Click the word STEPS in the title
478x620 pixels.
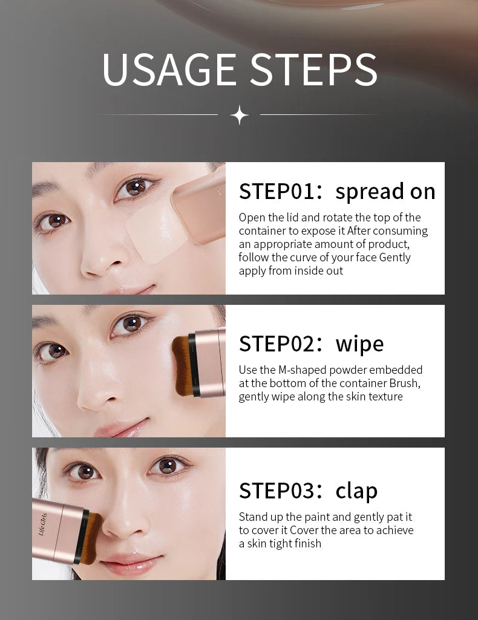click(314, 70)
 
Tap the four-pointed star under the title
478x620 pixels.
click(239, 115)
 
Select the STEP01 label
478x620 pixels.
click(277, 191)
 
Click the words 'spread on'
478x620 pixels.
click(385, 191)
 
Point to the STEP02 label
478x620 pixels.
click(277, 344)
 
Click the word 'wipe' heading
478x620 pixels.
click(360, 344)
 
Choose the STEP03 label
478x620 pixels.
click(277, 491)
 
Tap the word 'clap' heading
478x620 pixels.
click(356, 491)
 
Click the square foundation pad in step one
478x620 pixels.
click(152, 231)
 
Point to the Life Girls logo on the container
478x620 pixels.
click(43, 524)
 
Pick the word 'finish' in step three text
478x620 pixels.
click(308, 544)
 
